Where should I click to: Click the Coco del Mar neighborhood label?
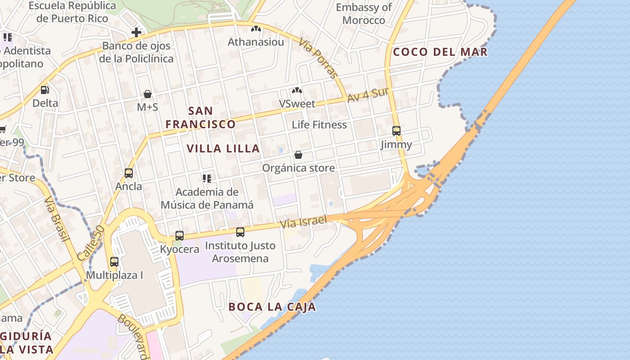pyautogui.click(x=440, y=52)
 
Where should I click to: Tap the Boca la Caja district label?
pyautogui.click(x=272, y=307)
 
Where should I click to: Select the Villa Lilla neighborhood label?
pyautogui.click(x=223, y=148)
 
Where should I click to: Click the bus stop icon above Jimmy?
pyautogui.click(x=396, y=131)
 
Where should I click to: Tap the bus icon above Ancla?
pyautogui.click(x=129, y=173)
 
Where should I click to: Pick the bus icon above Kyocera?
pyautogui.click(x=179, y=235)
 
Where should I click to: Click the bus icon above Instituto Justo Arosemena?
pyautogui.click(x=240, y=232)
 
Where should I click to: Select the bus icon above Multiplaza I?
pyautogui.click(x=114, y=261)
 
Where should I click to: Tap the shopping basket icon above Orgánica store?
pyautogui.click(x=298, y=155)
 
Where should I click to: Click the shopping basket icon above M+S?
pyautogui.click(x=148, y=94)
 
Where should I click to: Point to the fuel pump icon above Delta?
pyautogui.click(x=45, y=90)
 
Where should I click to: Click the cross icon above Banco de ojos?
pyautogui.click(x=136, y=32)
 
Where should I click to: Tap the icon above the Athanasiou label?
pyautogui.click(x=256, y=29)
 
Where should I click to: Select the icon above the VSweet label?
pyautogui.click(x=297, y=90)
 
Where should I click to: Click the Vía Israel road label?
pyautogui.click(x=303, y=221)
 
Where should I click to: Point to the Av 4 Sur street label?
pyautogui.click(x=368, y=95)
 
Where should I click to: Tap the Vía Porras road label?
pyautogui.click(x=318, y=58)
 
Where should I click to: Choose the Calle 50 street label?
pyautogui.click(x=90, y=243)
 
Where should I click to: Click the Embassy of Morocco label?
pyautogui.click(x=364, y=14)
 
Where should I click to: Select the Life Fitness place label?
pyautogui.click(x=319, y=125)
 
